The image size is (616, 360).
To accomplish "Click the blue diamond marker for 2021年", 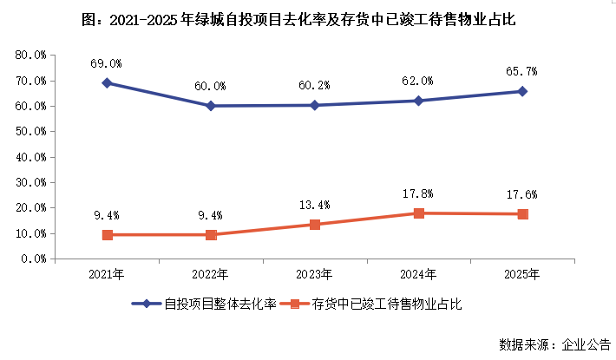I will pos(107,83).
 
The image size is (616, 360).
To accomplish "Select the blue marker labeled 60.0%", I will pos(211,106).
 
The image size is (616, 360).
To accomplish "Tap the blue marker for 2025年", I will pos(522,91).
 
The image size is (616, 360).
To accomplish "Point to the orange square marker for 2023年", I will pos(315,225).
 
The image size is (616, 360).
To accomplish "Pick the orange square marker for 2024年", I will pos(419,213).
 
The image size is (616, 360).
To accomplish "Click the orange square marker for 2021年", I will pos(107,235).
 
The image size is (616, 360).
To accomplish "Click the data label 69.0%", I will pos(107,63).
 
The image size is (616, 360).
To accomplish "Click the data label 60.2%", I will pos(315,86).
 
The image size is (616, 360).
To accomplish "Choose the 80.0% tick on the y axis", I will pos(30,56).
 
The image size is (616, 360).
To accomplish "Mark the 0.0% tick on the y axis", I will pos(33,259).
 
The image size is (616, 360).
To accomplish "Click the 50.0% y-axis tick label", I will pos(30,132).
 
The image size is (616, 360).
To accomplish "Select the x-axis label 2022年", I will pos(211,274).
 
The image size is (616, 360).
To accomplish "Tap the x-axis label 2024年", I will pos(419,274).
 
